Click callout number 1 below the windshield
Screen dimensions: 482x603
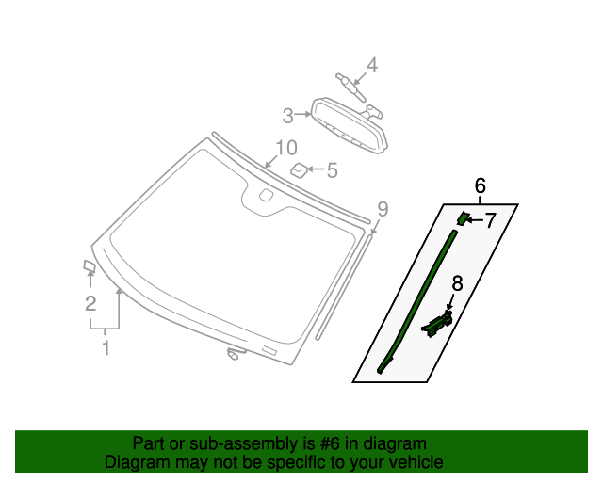[x=106, y=348]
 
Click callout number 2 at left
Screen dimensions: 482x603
[x=90, y=303]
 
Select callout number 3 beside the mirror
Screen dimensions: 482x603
[x=288, y=116]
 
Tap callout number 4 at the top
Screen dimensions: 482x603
[x=371, y=65]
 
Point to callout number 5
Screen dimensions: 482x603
[x=331, y=170]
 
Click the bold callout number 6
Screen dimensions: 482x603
[x=480, y=185]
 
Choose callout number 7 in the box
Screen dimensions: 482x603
[x=489, y=220]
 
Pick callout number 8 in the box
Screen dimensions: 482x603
[x=456, y=282]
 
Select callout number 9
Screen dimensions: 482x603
[x=382, y=208]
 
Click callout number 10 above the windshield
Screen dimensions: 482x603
[x=285, y=148]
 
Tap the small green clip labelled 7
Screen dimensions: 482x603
[x=463, y=218]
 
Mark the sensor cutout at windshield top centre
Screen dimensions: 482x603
[x=265, y=198]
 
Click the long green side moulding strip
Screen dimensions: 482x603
[x=418, y=301]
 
